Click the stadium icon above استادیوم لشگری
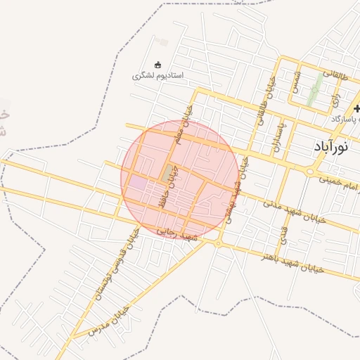(x=157, y=65)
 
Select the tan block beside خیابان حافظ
(x=169, y=172)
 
